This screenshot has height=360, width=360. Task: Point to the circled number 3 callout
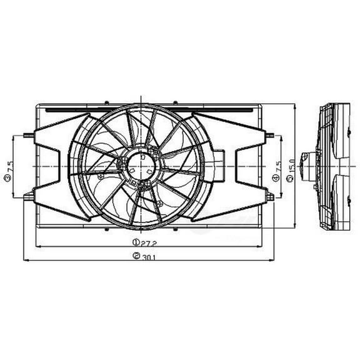tap(7, 178)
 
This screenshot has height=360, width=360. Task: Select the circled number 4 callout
tap(276, 178)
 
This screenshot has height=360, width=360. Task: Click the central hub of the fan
tap(142, 164)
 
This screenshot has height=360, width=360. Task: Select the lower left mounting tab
tap(28, 196)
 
